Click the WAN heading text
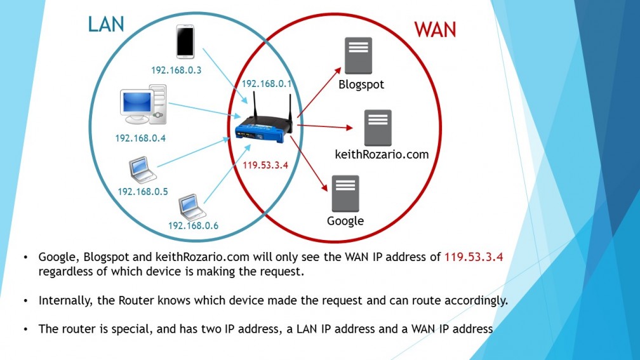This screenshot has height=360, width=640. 435,30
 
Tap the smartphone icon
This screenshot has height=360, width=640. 185,42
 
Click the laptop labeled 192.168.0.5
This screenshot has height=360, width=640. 142,170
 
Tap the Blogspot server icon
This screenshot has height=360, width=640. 358,56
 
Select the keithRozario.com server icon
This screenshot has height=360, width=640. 378,128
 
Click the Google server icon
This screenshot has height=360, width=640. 345,194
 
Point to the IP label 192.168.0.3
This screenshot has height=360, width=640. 176,70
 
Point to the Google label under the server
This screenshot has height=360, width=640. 345,221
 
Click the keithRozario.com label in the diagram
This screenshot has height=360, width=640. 382,154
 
